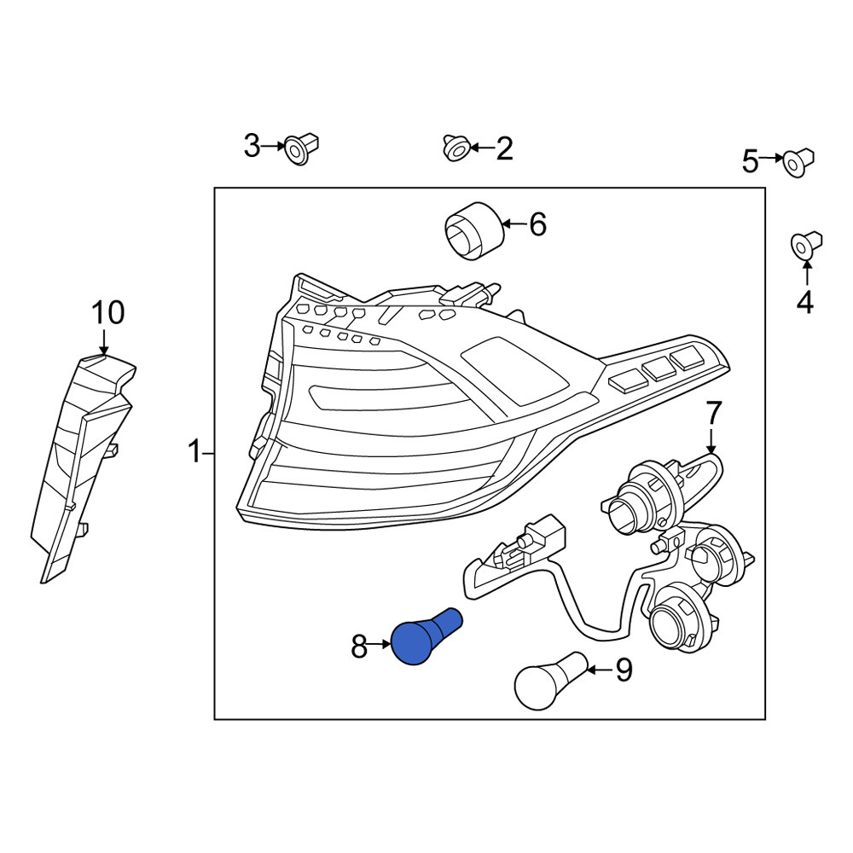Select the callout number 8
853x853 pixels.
coord(359,647)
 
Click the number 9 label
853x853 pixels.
coord(624,670)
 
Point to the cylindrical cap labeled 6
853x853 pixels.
coord(474,230)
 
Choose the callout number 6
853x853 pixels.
coord(537,224)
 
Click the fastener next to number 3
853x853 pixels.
coord(302,148)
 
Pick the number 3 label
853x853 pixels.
coord(252,146)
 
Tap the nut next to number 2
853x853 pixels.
coord(457,148)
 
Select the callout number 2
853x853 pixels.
coord(504,148)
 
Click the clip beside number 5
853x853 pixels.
coord(798,161)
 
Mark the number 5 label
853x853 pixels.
coord(750,161)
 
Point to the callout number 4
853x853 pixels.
coord(804,302)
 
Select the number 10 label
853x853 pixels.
coord(107,313)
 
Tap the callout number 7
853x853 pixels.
coord(712,413)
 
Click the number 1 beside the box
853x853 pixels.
coord(194,452)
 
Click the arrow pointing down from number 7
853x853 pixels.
coord(712,441)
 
